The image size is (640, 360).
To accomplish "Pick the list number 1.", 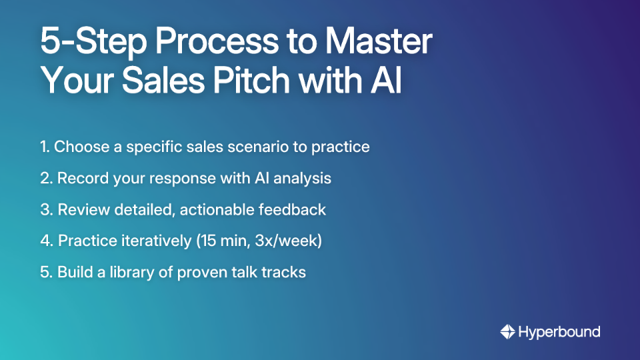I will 44,147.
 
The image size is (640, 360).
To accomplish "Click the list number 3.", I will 45,209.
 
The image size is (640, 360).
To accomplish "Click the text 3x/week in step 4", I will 289,241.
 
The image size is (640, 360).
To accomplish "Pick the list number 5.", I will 45,272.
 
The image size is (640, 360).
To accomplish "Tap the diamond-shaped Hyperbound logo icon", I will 507,331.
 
